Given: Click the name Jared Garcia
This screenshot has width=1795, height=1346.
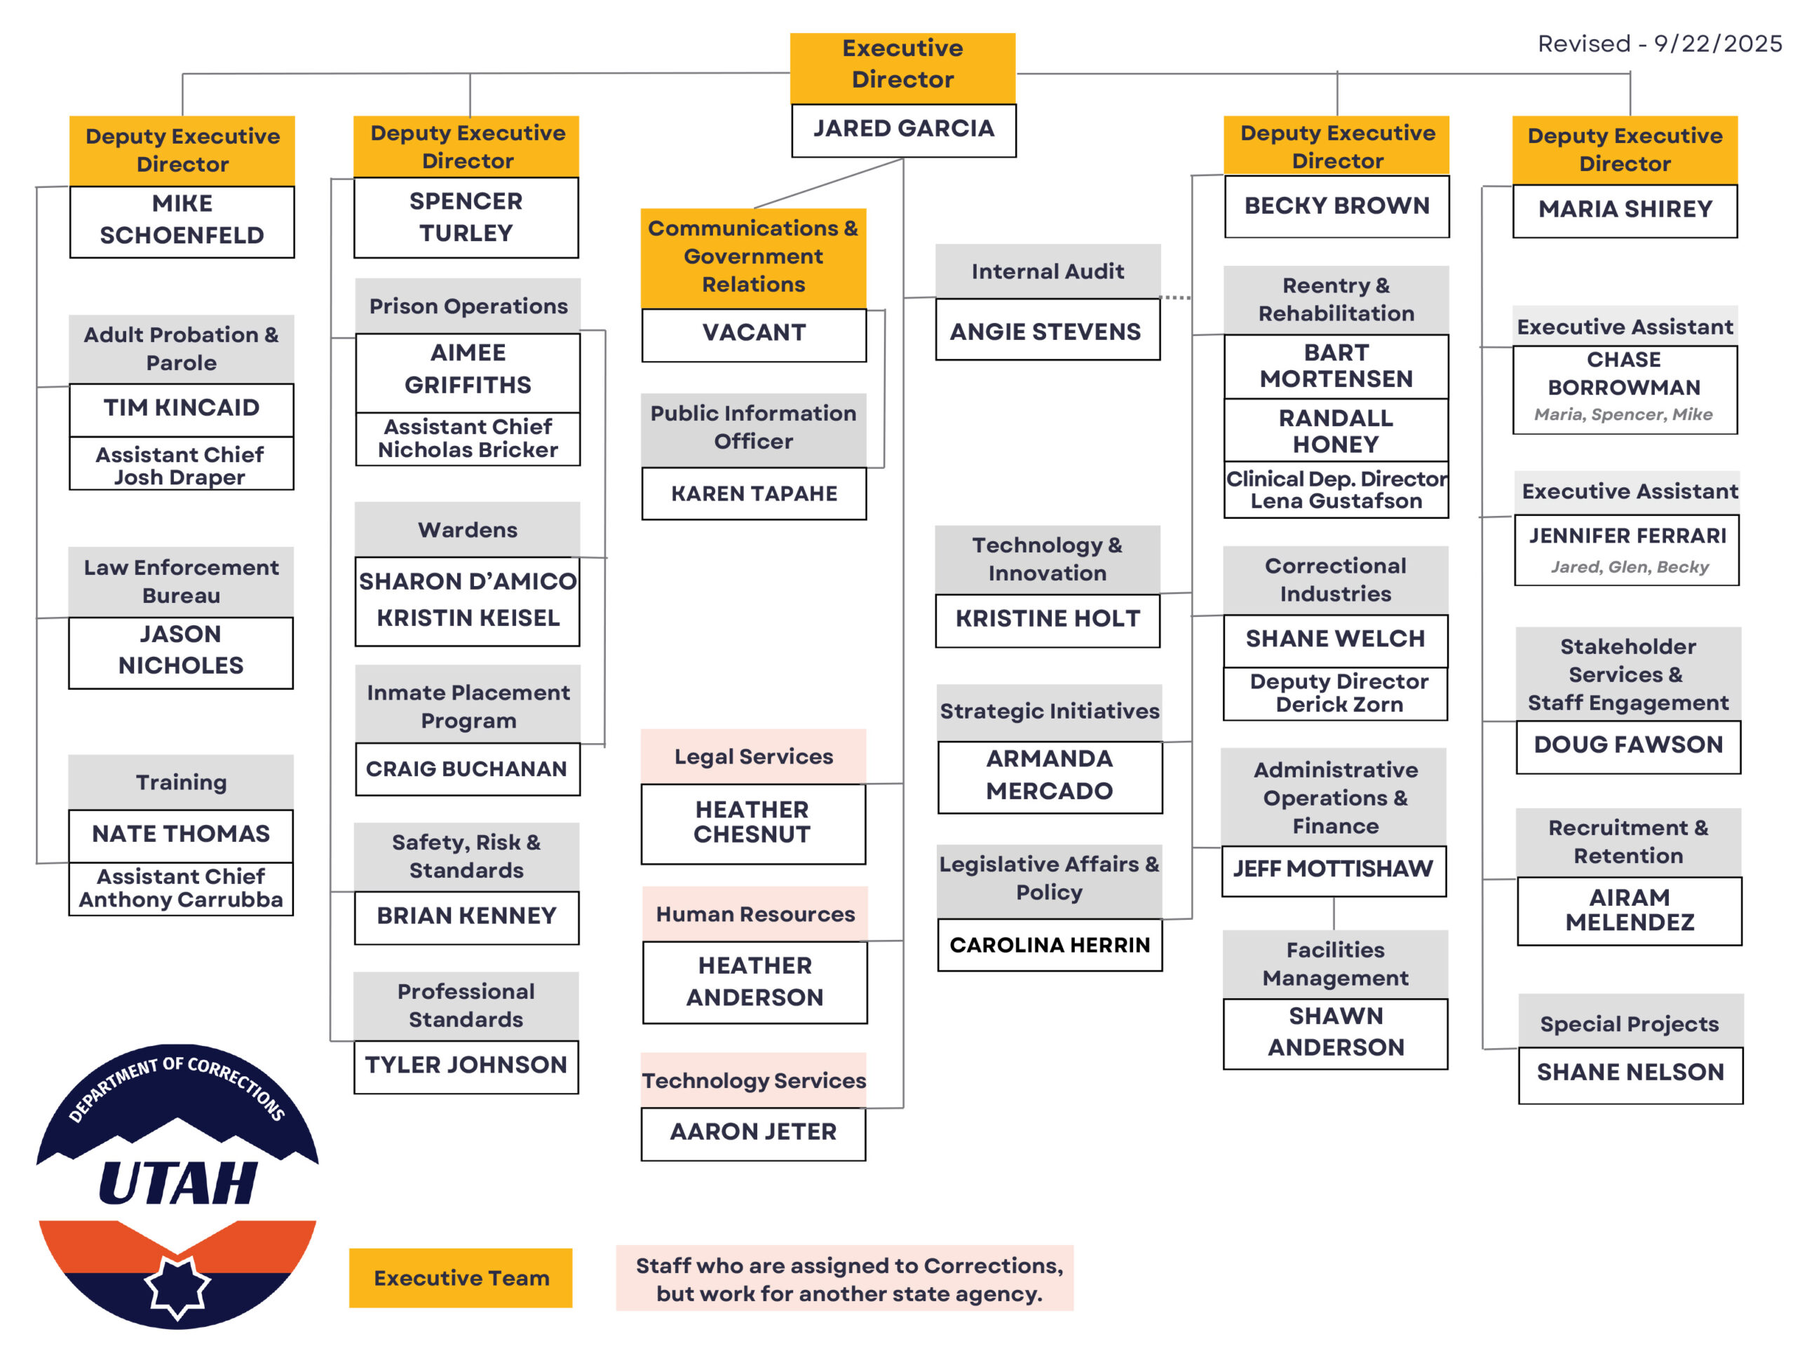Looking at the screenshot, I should pyautogui.click(x=903, y=129).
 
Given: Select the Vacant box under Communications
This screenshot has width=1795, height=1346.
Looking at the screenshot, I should pyautogui.click(x=754, y=333).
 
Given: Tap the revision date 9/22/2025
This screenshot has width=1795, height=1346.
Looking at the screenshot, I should pyautogui.click(x=1717, y=43).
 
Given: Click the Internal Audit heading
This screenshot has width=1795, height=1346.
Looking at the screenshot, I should pyautogui.click(x=1048, y=271).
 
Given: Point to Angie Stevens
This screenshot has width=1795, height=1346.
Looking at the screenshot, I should pyautogui.click(x=1046, y=331).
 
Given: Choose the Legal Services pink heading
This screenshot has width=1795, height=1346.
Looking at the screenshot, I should pyautogui.click(x=754, y=756).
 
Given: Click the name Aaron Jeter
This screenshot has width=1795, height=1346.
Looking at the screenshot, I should pyautogui.click(x=753, y=1131).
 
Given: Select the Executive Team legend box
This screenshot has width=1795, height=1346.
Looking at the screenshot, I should pyautogui.click(x=461, y=1278).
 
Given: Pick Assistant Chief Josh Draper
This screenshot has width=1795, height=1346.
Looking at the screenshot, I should pyautogui.click(x=180, y=465).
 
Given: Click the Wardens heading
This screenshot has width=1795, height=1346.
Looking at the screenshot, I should pyautogui.click(x=468, y=530).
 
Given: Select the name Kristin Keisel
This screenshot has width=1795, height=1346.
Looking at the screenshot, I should pyautogui.click(x=468, y=618).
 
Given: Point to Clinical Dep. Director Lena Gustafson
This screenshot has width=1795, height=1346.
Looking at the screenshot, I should pyautogui.click(x=1336, y=490).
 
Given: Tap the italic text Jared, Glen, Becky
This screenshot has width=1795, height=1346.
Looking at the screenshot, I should pyautogui.click(x=1630, y=567).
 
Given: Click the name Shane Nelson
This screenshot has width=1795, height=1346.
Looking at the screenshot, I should pyautogui.click(x=1630, y=1073).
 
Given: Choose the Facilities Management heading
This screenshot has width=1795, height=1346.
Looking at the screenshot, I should pyautogui.click(x=1336, y=964).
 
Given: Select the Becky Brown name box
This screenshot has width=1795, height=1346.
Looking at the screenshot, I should pyautogui.click(x=1337, y=206).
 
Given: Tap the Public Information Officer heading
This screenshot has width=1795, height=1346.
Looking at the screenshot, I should pyautogui.click(x=754, y=428).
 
